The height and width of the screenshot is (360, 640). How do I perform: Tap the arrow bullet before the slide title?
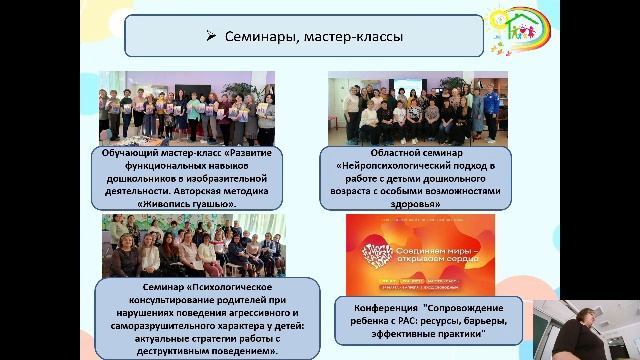[x=211, y=37]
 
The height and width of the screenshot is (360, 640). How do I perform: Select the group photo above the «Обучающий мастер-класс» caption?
[x=187, y=109]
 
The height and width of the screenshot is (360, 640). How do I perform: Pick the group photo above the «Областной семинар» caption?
[x=417, y=109]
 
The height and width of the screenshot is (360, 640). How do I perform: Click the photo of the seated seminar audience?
[x=193, y=245]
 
